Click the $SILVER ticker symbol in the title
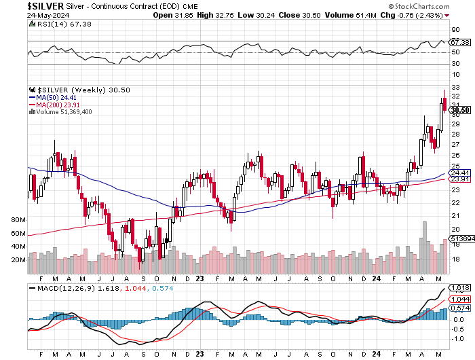(23, 5)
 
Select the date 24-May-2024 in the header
(24, 14)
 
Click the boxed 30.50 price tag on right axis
(459, 110)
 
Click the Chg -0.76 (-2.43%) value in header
(434, 14)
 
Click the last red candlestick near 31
(444, 104)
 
